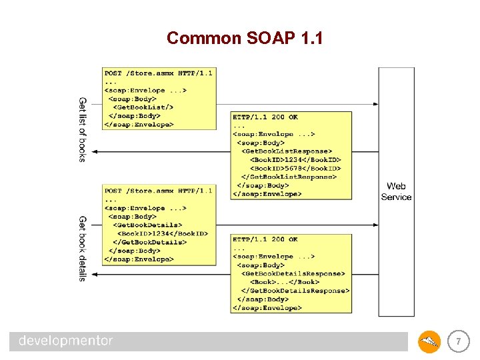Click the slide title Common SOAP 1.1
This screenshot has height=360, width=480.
coord(245,38)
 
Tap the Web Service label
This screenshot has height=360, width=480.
coord(396,191)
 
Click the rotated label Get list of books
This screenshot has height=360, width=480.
coord(83,129)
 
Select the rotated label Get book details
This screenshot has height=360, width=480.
coord(83,248)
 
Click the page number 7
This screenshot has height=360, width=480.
coord(458,342)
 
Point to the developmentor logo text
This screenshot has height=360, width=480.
coord(66,341)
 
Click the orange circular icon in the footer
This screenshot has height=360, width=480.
coord(429,342)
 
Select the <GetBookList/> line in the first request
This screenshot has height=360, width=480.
coord(143,107)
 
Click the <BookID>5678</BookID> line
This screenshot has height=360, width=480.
coord(295,169)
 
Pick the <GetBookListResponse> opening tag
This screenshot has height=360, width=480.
coord(286,151)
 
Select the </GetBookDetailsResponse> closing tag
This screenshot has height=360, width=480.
coord(295,291)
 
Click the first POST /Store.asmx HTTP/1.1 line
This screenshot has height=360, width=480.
coord(158,73)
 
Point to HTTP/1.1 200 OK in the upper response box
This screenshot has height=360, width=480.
coord(265,117)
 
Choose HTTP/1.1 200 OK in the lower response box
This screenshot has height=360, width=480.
coord(265,239)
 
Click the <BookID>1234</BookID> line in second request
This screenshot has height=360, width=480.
coord(163,234)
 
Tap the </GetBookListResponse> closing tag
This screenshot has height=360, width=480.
coord(289,177)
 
